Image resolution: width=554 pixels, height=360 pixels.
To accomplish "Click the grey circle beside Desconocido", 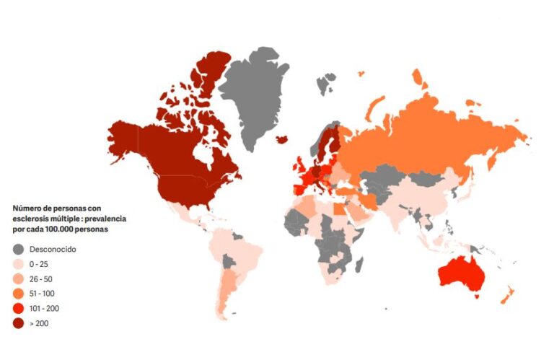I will pos(18,249).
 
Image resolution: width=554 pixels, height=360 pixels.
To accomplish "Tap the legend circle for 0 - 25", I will pos(18,264).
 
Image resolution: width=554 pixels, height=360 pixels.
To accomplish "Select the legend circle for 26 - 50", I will pos(18,278).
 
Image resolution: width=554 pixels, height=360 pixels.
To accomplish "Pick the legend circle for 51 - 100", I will pos(18,294).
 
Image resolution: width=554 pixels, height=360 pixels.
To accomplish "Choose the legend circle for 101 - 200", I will pos(18,309).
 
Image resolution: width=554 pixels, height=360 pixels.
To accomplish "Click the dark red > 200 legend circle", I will pos(18,324).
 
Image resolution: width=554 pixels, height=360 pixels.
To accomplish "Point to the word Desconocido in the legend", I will pos(52,249).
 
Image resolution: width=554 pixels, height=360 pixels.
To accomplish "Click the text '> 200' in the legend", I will pos(40,324).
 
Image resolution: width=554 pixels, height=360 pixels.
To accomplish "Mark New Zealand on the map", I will pos(506,294).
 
